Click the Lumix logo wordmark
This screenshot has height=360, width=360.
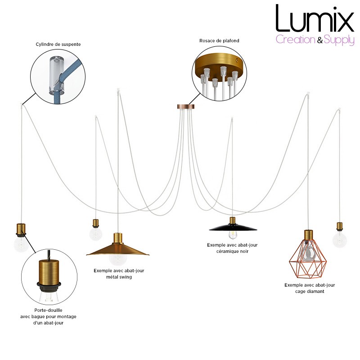tap(315, 19)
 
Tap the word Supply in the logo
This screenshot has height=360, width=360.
tap(339, 40)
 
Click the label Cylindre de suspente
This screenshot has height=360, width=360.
tap(58, 44)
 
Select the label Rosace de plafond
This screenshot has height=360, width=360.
tap(219, 40)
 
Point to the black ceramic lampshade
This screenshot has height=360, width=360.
tap(233, 228)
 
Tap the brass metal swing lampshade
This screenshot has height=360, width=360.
tap(117, 250)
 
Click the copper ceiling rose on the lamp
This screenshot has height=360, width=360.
tap(186, 107)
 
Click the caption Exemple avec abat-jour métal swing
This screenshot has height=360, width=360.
tap(119, 274)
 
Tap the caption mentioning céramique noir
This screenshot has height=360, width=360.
tap(232, 248)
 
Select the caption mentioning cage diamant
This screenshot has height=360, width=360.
tap(310, 288)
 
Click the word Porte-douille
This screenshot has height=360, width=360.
tap(48, 310)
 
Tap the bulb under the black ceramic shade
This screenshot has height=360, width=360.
tap(233, 234)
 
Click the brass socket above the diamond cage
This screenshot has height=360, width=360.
tap(309, 234)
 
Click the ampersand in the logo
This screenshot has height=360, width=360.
tap(320, 40)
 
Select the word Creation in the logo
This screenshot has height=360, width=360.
tap(296, 40)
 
